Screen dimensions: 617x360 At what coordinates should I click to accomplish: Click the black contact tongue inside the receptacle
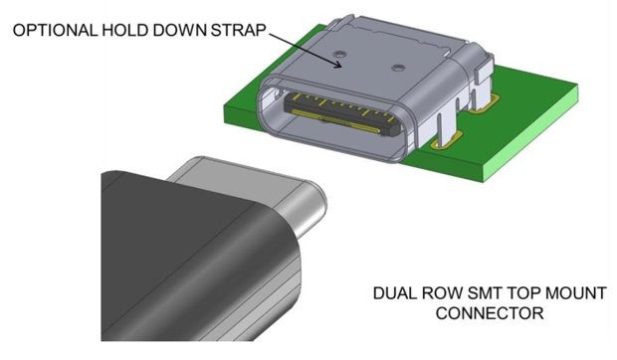tap(338, 113)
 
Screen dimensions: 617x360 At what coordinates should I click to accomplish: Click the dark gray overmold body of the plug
tap(169, 269)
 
